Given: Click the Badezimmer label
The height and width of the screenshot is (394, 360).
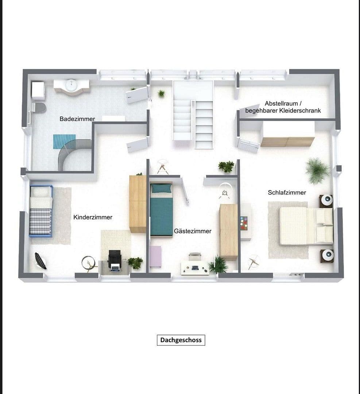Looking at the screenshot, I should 77,119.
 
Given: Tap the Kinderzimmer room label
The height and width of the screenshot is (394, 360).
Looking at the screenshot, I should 93,217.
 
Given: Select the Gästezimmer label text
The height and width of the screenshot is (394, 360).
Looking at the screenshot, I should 193,231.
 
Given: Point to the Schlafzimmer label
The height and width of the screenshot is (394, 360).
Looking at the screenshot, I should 287,192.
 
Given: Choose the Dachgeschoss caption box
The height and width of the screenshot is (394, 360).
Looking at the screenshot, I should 181,340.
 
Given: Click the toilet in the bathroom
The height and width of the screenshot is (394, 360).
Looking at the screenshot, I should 39,107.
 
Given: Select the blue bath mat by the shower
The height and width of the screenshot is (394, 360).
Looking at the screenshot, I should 64,142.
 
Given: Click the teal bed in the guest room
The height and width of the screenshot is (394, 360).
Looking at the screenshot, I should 161,212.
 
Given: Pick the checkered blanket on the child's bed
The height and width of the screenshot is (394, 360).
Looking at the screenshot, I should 40,221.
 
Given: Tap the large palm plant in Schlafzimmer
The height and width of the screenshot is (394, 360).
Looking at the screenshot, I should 318,170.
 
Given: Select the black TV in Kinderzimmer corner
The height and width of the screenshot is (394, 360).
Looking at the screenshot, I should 40,261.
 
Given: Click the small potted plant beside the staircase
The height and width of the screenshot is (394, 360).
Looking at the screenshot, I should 161,93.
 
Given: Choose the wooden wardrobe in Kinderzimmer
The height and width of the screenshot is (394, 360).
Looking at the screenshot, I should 138,204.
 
